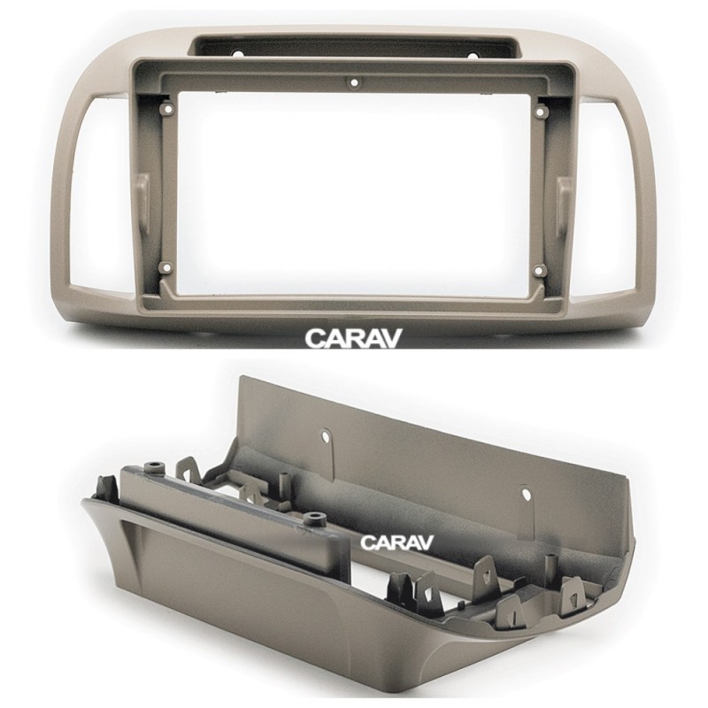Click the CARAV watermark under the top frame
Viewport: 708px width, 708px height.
[x=353, y=338]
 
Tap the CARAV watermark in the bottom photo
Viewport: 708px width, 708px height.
[x=396, y=542]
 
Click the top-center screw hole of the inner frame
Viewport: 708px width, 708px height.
[x=353, y=83]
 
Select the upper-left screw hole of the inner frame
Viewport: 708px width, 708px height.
[x=168, y=109]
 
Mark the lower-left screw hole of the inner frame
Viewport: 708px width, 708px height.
[x=166, y=268]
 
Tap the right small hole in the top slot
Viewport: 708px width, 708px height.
[x=473, y=57]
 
